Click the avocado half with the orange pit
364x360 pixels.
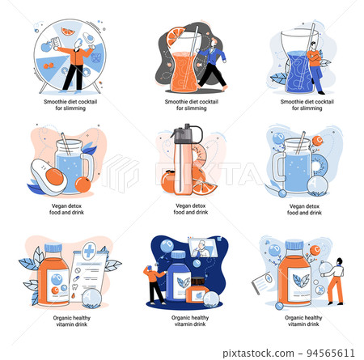point(49,176)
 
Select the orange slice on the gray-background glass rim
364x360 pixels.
point(175,36)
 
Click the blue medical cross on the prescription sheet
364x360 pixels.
point(89,251)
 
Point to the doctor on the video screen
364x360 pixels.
point(201,249)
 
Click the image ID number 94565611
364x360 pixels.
point(331,353)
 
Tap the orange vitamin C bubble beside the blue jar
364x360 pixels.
point(317,141)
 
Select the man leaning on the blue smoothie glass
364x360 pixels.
point(315,67)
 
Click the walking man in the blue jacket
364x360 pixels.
point(212,65)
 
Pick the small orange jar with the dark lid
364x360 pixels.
point(197,290)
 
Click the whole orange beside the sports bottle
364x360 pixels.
point(167,181)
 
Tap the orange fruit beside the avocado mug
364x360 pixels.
point(83,184)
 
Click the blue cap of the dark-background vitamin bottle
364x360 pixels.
point(178,254)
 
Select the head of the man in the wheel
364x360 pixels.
point(78,43)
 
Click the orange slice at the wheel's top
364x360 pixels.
point(67,32)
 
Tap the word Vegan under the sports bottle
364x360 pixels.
point(183,205)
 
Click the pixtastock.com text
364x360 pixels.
point(258,354)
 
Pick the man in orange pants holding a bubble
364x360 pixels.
point(335,281)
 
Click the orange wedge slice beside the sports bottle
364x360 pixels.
point(205,187)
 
